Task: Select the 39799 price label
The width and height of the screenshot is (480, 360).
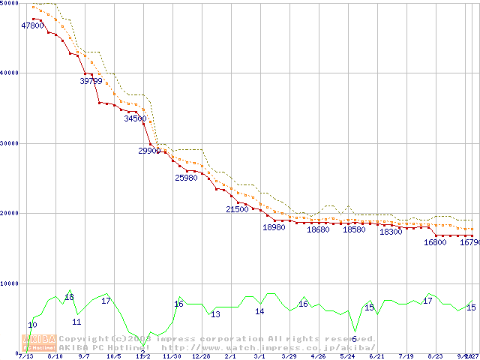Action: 91,80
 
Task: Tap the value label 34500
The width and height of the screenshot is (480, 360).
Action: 135,118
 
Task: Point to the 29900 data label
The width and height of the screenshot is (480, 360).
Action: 150,151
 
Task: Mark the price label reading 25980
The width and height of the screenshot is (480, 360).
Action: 186,178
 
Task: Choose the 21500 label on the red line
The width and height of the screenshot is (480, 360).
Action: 237,209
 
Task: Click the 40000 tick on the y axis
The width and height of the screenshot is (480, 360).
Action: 10,73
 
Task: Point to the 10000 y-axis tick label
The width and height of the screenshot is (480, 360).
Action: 10,283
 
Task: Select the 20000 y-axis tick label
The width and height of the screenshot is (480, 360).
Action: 10,213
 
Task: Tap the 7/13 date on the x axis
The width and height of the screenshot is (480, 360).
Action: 25,356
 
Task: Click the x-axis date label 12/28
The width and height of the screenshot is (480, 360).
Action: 201,356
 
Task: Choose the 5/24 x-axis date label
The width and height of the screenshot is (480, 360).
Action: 347,356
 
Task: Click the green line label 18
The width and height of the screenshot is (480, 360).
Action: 69,297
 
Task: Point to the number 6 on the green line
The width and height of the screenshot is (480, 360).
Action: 354,339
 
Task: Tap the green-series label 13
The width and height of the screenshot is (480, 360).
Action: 215,314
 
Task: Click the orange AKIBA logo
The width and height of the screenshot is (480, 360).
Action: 39,342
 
